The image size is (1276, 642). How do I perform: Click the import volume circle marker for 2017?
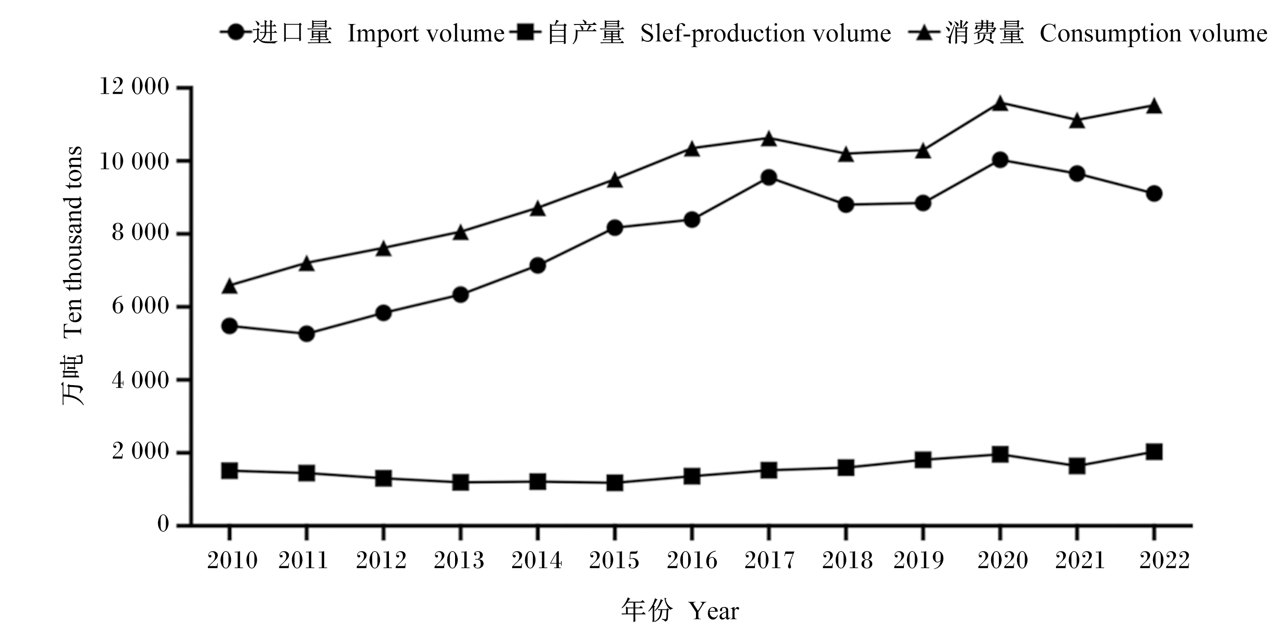769,178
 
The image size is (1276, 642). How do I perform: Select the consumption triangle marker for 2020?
1000,103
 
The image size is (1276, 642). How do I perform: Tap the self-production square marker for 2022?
1154,452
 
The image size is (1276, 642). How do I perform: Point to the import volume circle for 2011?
307,333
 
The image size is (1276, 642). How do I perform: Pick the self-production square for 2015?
615,483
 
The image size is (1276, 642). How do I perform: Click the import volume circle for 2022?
1154,193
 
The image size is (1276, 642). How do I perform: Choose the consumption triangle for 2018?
846,154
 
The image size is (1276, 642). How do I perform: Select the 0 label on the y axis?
163,524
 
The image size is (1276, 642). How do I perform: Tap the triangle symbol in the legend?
923,33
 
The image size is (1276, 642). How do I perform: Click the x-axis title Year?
714,611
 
